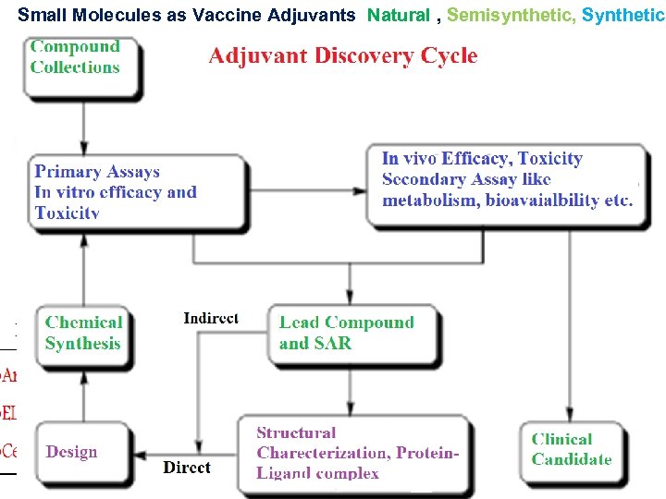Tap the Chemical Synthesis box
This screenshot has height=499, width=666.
click(x=83, y=334)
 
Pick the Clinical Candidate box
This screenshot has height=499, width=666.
click(x=572, y=449)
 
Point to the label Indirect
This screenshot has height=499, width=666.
click(x=211, y=318)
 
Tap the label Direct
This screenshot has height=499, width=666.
click(x=187, y=468)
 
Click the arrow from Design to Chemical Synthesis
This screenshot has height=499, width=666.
click(x=84, y=392)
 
